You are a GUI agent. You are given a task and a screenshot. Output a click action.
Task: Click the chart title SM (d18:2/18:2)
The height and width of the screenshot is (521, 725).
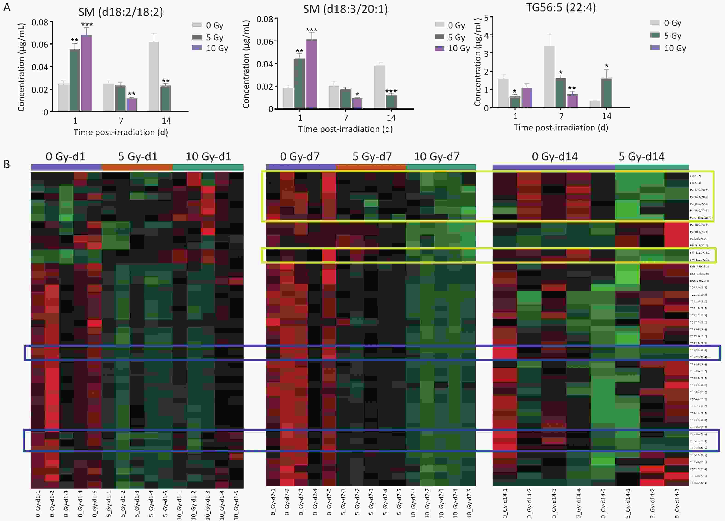click(121, 12)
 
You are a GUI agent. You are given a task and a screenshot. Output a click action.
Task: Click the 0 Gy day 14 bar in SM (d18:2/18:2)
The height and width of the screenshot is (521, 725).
click(154, 76)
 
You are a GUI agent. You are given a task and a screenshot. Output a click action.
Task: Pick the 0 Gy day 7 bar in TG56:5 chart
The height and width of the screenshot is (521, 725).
click(549, 76)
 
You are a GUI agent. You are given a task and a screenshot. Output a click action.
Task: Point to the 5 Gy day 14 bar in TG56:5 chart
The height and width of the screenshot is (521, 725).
click(606, 93)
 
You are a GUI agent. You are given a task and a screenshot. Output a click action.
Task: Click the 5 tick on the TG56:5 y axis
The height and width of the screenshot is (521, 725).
click(486, 18)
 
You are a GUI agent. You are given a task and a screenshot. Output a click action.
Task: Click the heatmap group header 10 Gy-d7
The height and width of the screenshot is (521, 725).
click(436, 157)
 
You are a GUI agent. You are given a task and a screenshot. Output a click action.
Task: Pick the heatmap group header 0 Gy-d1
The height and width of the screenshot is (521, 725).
click(66, 157)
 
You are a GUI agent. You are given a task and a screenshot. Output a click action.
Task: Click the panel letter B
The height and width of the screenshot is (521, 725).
click(7, 164)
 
